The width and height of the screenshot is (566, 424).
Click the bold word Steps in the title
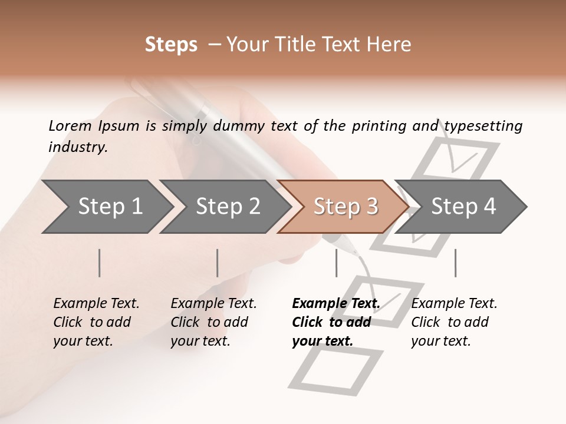point(171,45)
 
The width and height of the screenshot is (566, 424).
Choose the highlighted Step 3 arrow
point(345,207)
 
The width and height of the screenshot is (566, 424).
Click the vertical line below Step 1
point(100,263)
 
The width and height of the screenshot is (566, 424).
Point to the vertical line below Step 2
point(218,263)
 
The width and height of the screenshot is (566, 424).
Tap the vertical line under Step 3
point(336,263)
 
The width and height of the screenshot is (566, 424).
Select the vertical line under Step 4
point(455,263)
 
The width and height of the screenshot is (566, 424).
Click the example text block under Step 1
point(96,322)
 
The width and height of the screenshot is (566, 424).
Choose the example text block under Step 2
point(213,322)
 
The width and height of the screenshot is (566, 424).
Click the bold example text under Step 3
point(335,322)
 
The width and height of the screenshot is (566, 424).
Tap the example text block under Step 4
point(454,322)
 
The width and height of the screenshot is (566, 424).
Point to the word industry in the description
point(78,147)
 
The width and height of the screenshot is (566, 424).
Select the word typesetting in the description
point(483,126)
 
